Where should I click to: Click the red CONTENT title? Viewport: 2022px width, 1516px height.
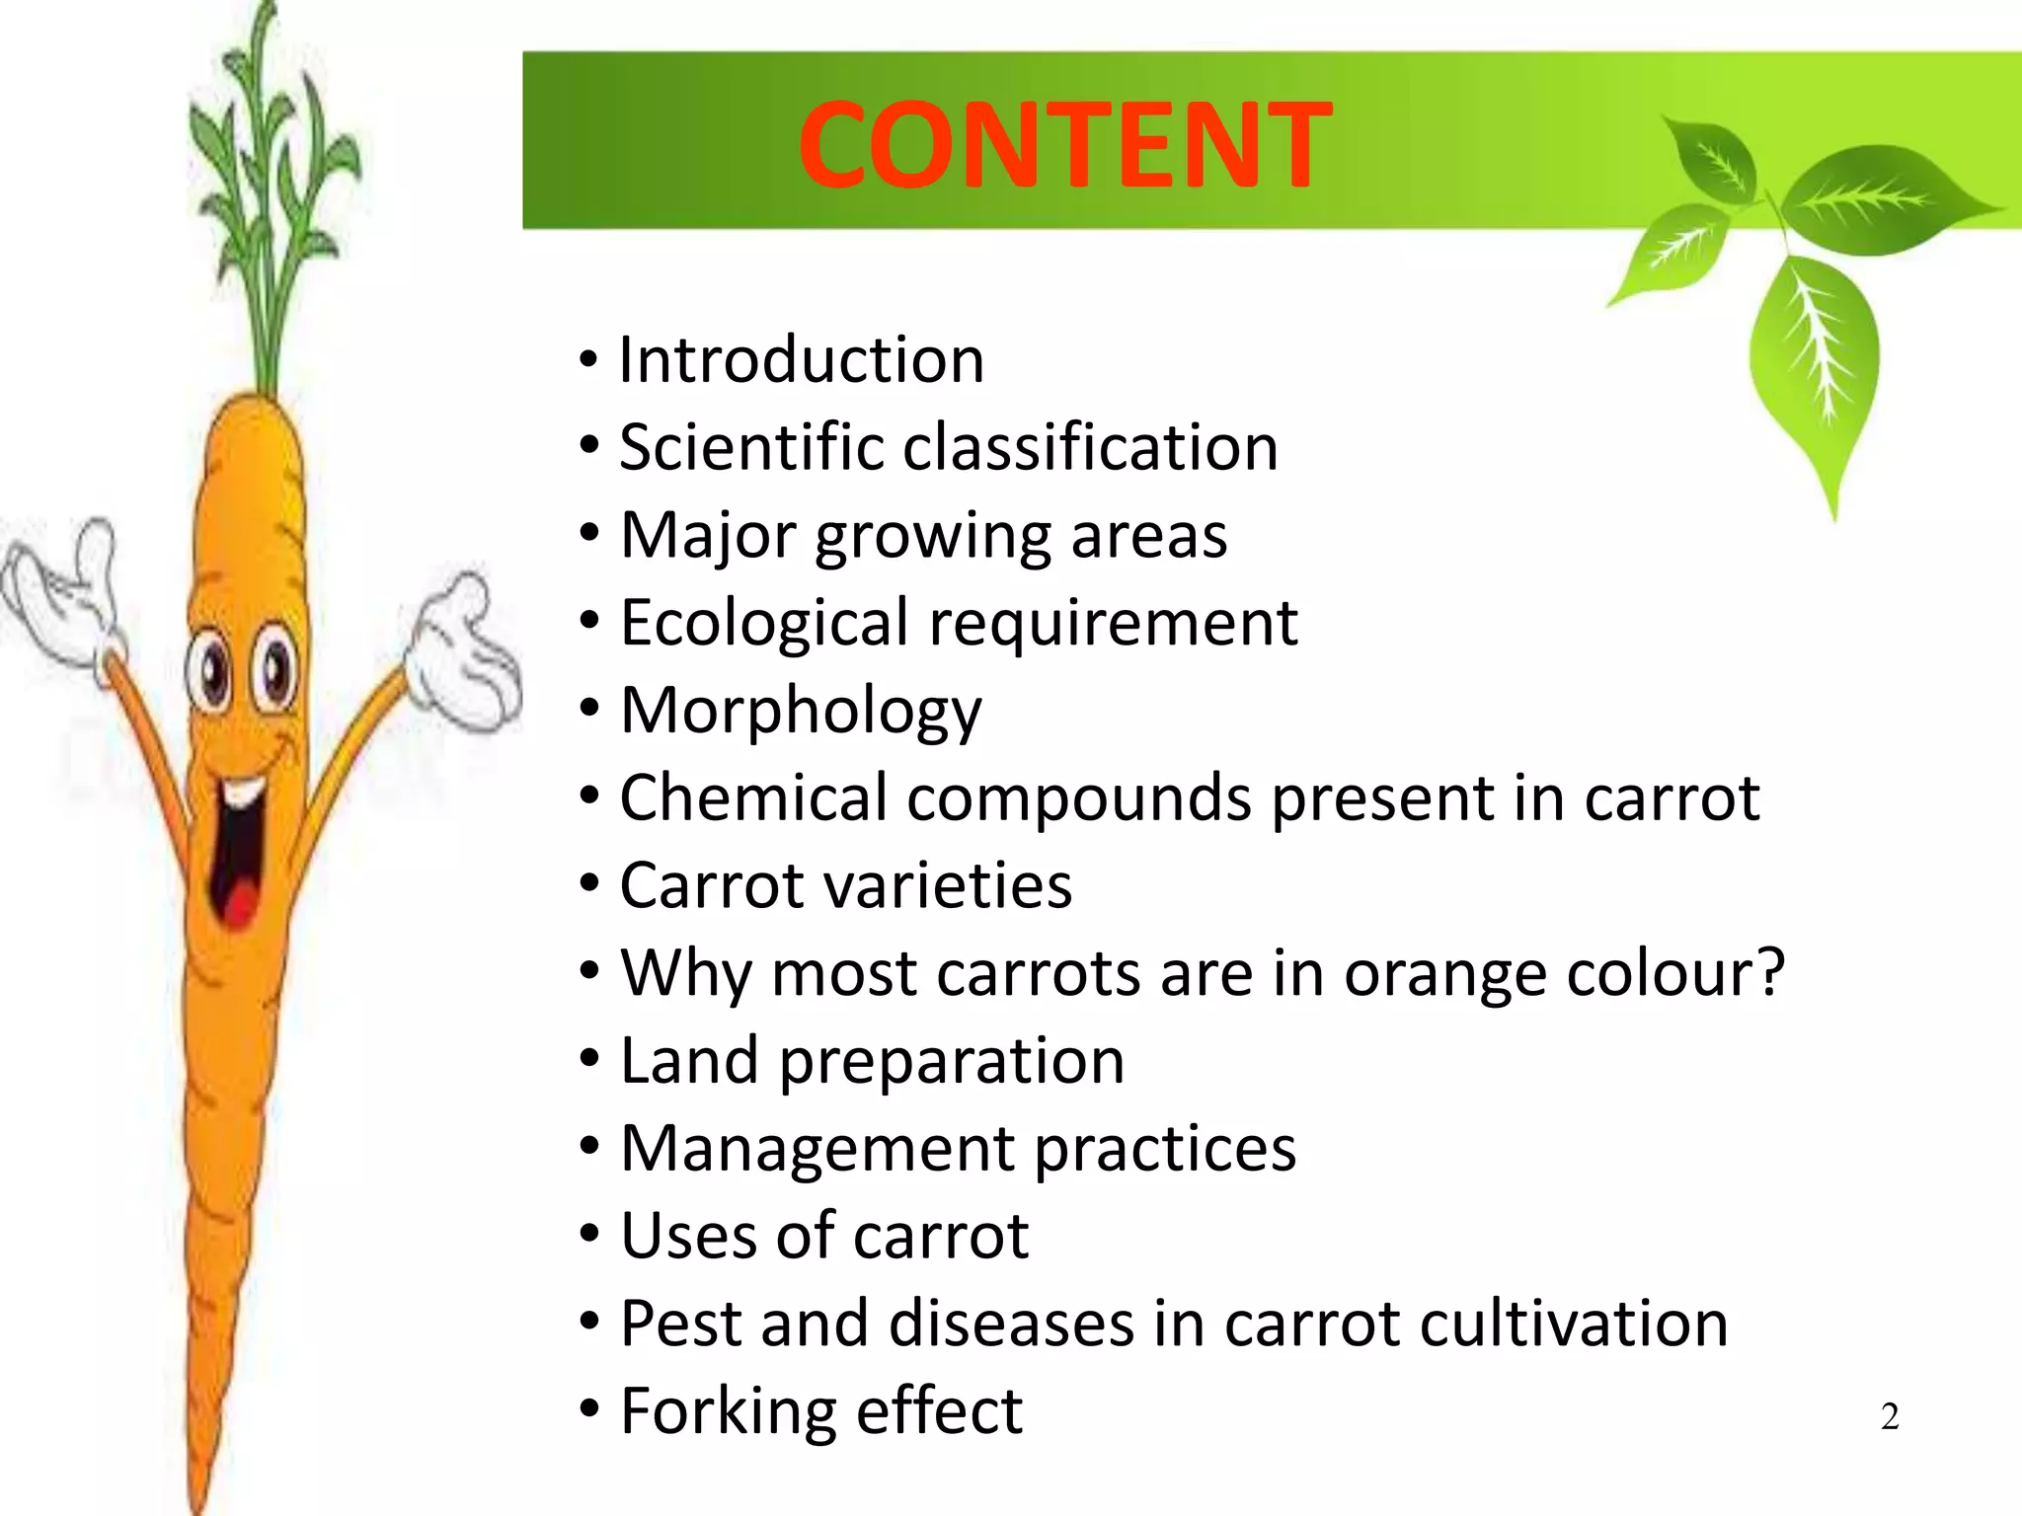point(1064,145)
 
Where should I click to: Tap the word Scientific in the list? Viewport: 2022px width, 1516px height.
point(750,447)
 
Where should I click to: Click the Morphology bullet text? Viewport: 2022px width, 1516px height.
point(801,711)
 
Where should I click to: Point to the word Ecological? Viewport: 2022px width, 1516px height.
point(763,623)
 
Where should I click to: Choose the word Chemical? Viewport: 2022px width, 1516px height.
point(752,797)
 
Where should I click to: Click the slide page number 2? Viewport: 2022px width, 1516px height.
point(1889,1417)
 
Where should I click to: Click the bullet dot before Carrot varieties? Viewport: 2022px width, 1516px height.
point(589,885)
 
